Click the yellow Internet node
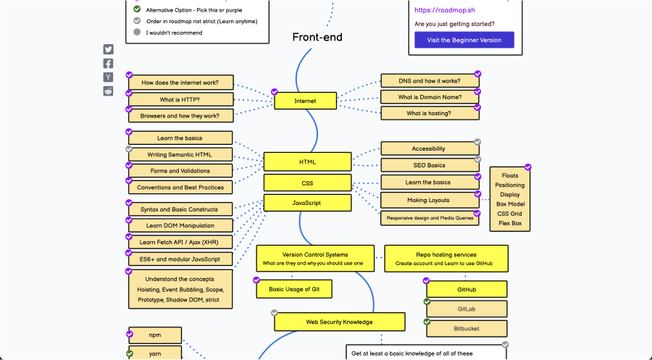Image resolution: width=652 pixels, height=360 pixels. point(305,101)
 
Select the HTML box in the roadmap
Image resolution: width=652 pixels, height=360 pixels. point(307,162)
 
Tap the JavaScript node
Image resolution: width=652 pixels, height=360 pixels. point(307,203)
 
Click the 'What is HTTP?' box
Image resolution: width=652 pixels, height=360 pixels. point(181,99)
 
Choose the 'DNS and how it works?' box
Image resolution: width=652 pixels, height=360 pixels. point(429,81)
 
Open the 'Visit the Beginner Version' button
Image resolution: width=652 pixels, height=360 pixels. point(464,40)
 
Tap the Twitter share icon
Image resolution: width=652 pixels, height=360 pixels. point(108,50)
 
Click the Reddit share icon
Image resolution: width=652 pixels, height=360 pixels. point(108,91)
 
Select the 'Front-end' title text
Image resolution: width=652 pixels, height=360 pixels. point(317,37)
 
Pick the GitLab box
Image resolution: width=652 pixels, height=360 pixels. point(467,309)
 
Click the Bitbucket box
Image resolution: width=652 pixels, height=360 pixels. point(467,329)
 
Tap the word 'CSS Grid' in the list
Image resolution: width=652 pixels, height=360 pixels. point(510,214)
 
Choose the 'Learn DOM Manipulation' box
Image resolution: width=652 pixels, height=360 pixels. point(181,226)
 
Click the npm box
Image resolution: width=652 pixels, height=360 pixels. point(155,335)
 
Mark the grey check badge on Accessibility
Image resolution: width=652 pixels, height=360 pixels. point(477,142)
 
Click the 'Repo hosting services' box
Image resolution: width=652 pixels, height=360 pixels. point(446,259)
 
